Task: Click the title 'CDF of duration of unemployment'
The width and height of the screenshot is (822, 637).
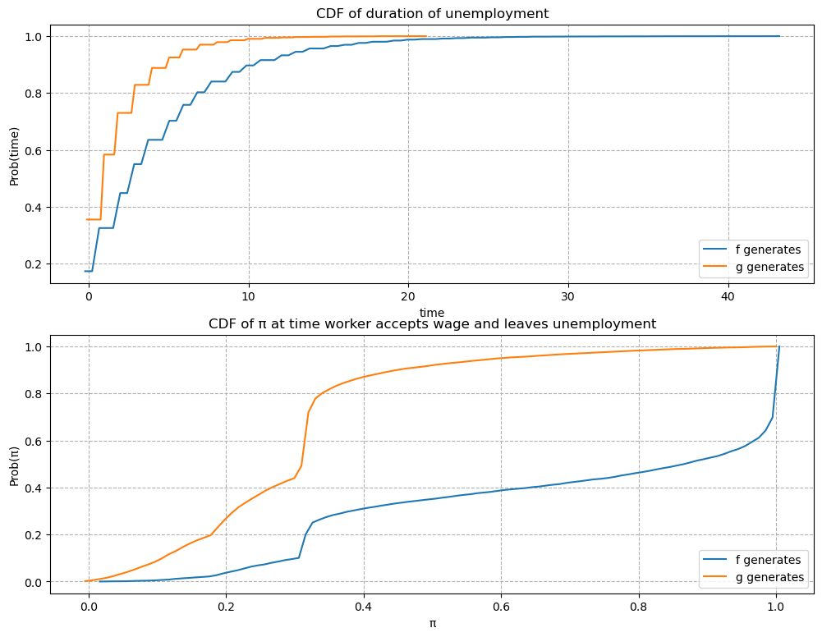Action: tap(432, 13)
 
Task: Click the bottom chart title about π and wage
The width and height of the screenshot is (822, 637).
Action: tap(432, 323)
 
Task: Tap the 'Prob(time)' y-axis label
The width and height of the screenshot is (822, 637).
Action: tap(14, 157)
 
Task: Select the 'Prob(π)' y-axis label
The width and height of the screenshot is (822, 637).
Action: tap(14, 463)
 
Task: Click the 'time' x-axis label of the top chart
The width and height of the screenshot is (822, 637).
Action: tap(432, 313)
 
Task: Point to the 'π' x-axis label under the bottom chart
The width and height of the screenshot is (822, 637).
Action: tap(432, 623)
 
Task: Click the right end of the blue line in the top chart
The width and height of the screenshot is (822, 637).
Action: tap(779, 36)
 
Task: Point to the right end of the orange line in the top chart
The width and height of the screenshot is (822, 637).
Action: tap(425, 36)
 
